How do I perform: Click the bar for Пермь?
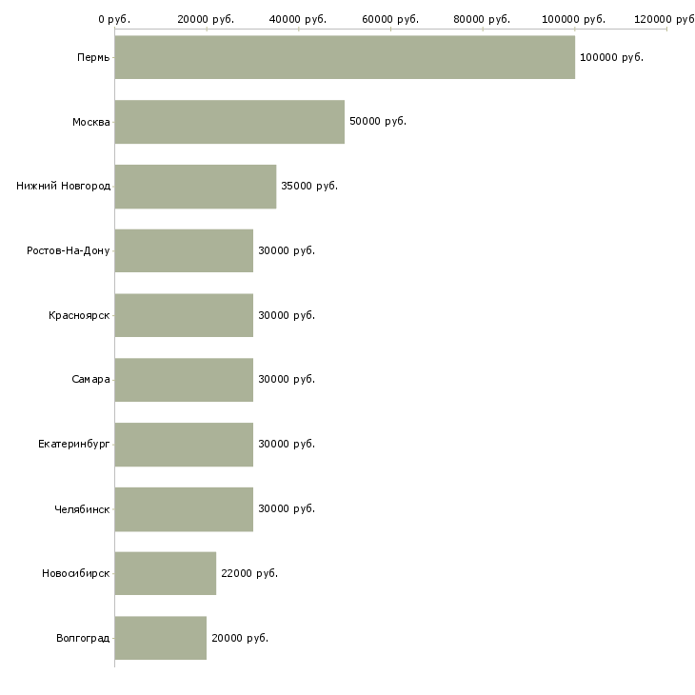345,57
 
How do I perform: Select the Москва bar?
229,122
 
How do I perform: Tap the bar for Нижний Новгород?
195,187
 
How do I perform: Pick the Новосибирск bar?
166,573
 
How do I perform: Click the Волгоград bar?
161,638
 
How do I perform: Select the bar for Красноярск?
184,315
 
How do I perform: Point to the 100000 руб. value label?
611,58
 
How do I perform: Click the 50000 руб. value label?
378,122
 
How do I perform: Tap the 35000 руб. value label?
309,187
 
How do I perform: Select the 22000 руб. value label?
249,573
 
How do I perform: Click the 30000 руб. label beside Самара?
287,380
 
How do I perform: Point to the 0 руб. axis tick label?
114,19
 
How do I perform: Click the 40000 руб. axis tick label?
298,19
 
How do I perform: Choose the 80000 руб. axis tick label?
482,19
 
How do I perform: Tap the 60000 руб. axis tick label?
390,19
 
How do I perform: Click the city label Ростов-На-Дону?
69,251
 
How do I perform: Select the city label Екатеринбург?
73,444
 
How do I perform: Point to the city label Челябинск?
82,509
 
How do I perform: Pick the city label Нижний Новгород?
64,187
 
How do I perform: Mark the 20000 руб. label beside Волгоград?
240,638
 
